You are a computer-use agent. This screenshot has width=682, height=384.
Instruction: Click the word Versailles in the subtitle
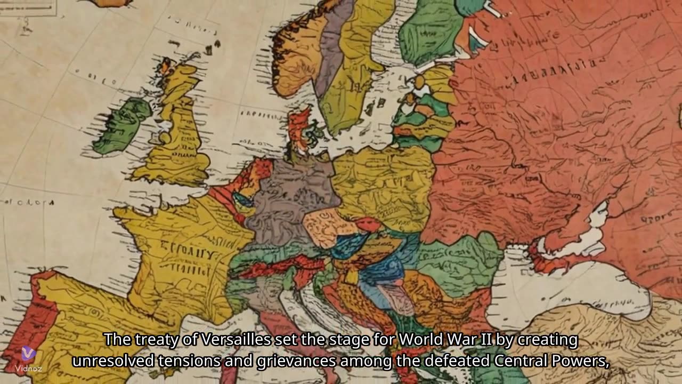click(x=213, y=340)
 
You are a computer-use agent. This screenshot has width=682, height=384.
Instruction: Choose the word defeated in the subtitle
click(x=458, y=361)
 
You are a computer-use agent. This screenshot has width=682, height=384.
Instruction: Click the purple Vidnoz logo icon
click(x=28, y=353)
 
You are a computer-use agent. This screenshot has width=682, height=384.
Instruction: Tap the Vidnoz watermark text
click(x=28, y=368)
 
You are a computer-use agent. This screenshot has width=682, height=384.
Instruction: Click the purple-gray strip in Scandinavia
click(x=334, y=43)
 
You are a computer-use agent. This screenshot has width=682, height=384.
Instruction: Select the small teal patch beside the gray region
click(x=243, y=200)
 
